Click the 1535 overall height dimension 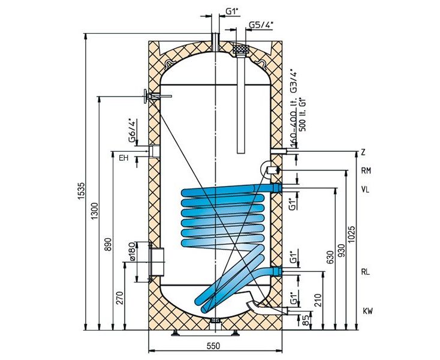click(x=81, y=191)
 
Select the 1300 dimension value click(x=95, y=211)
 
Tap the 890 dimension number click(x=109, y=244)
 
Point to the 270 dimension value click(x=120, y=298)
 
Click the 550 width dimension click(x=214, y=346)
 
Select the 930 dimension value click(x=341, y=251)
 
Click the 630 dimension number click(x=330, y=257)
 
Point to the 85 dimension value click(x=306, y=320)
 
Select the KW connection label click(x=368, y=311)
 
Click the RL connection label click(x=366, y=272)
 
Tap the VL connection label click(x=365, y=189)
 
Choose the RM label click(x=366, y=171)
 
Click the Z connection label click(x=363, y=153)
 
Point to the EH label click(x=123, y=158)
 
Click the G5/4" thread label click(x=261, y=25)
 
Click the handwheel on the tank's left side click(x=145, y=97)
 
